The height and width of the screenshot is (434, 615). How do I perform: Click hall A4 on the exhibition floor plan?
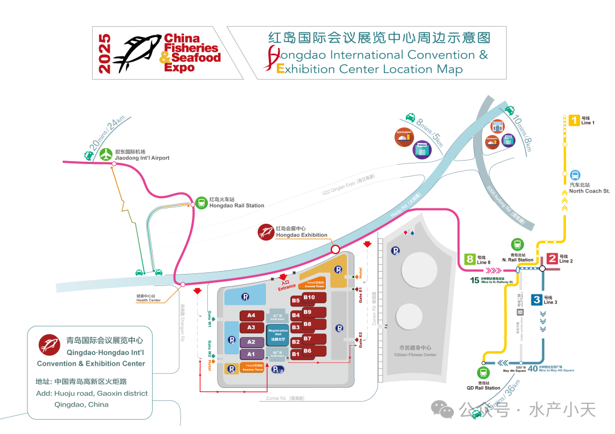point(251,316)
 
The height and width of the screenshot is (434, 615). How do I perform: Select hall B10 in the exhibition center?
point(311,297)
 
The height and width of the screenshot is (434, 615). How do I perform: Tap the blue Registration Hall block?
point(278,334)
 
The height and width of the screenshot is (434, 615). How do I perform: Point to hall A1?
point(251,354)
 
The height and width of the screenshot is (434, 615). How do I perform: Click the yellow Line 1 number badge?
point(574,120)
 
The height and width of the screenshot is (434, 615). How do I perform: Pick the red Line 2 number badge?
point(552,259)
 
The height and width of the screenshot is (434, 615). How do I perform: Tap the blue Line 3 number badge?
point(536,300)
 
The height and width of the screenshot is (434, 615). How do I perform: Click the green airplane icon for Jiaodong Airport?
point(106,154)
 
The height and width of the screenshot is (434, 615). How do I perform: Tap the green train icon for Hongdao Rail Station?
point(202,202)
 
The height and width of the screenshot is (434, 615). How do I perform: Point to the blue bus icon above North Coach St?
point(575,175)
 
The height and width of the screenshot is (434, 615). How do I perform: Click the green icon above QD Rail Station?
point(483,374)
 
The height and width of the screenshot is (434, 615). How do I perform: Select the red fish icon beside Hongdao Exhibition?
point(266,232)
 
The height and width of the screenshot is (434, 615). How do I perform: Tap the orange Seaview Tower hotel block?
point(252,368)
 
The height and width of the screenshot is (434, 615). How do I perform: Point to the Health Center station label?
point(149,298)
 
